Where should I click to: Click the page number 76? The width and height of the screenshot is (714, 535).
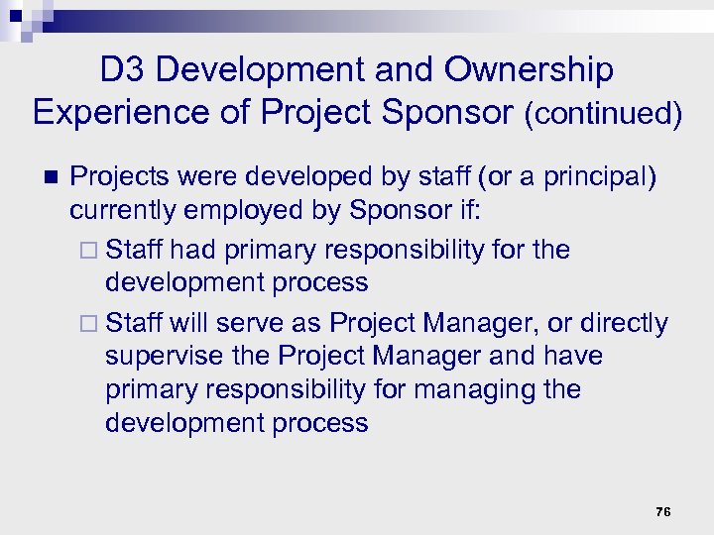coord(663,511)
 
